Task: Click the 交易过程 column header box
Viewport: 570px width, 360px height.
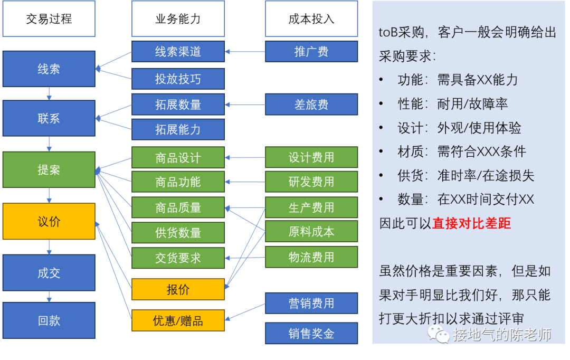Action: [x=49, y=20]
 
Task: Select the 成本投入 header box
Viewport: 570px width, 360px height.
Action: [x=311, y=20]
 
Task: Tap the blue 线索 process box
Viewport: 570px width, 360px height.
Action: [x=49, y=69]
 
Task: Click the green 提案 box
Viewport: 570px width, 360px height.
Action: [x=49, y=169]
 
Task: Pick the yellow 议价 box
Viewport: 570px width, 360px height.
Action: [x=49, y=221]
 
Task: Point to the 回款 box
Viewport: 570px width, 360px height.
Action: [x=49, y=320]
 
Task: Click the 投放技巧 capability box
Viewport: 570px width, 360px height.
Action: [x=178, y=79]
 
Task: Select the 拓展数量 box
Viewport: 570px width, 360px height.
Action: [x=178, y=105]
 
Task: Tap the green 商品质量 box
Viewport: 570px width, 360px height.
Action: [x=178, y=207]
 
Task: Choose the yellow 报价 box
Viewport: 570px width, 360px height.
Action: [x=178, y=289]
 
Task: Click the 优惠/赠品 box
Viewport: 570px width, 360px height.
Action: [x=178, y=320]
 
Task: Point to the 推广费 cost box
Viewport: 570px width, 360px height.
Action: [x=311, y=52]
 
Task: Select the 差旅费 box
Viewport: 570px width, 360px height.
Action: [x=311, y=105]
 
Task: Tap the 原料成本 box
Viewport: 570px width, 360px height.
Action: [x=311, y=231]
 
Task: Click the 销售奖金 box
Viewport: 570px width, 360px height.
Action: [x=311, y=334]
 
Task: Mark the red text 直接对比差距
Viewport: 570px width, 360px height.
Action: [x=472, y=223]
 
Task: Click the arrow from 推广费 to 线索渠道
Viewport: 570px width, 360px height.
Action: [x=245, y=52]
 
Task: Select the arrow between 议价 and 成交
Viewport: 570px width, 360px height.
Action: [x=49, y=247]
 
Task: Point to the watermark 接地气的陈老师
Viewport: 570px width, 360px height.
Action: [x=501, y=334]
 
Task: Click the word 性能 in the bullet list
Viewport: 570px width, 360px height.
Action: [x=410, y=103]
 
